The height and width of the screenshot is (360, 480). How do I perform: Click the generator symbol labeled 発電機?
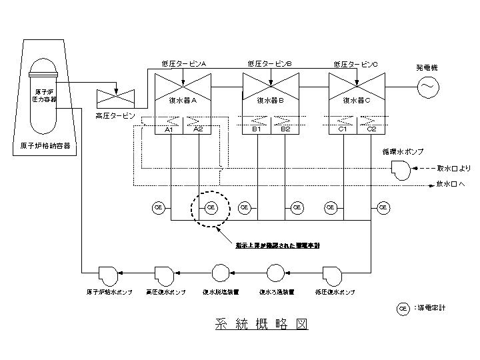coord(427,87)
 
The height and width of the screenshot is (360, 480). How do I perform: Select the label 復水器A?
coord(183,101)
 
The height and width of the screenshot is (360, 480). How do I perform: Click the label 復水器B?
coord(271,101)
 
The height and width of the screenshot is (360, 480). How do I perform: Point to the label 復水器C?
coord(357,101)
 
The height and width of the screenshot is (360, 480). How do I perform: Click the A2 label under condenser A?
coord(198,129)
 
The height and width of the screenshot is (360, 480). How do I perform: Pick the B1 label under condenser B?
coord(256,129)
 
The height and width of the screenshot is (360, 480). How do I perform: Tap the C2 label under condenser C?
coord(372,129)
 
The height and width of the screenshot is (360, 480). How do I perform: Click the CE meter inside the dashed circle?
coord(211,208)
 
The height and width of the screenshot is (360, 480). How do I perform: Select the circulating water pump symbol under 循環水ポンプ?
coord(401,170)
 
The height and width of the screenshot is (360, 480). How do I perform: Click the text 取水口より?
coord(454,169)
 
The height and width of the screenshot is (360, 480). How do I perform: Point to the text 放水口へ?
coord(453,185)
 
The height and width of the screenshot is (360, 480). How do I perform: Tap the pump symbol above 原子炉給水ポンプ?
coord(107,273)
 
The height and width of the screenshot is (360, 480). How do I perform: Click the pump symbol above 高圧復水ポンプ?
coord(164,273)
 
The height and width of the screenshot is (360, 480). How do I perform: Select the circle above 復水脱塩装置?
coord(220,273)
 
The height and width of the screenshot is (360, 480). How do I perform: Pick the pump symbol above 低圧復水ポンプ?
coord(333,273)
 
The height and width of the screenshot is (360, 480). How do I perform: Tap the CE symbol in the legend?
coord(403,309)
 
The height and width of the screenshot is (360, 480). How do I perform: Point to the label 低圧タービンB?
coord(269,64)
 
